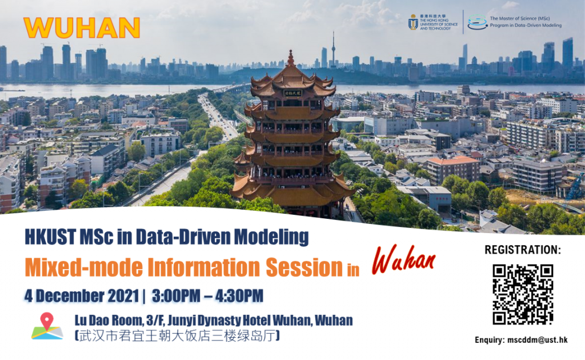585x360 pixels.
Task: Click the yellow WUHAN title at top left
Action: point(82,28)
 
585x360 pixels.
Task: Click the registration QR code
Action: point(523,294)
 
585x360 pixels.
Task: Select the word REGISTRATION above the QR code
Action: point(522,250)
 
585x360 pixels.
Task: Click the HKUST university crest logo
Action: point(413,22)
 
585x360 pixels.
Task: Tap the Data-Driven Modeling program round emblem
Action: point(478,22)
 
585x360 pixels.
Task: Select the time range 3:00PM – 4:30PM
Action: point(207,296)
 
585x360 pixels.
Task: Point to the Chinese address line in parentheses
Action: point(177,335)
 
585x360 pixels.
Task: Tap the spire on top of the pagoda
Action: point(291,58)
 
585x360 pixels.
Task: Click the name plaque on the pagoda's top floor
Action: point(291,93)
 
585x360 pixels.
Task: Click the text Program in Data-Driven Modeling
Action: point(526,26)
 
